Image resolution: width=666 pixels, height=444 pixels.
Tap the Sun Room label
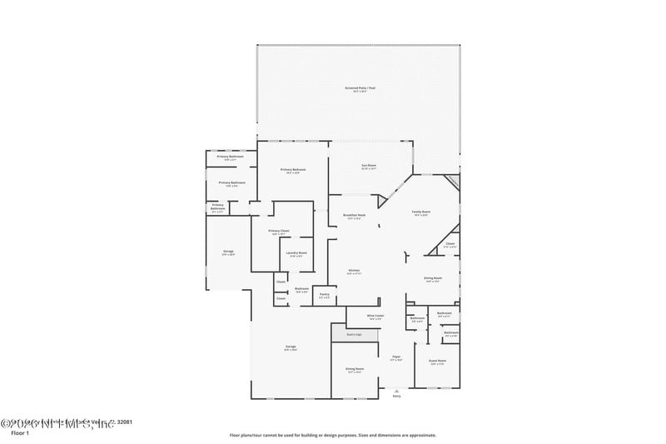[x=357, y=166]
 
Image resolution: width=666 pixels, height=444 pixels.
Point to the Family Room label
[x=421, y=212]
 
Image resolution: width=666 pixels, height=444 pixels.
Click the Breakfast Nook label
[x=355, y=215]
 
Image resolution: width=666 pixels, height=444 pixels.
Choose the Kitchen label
[x=353, y=271]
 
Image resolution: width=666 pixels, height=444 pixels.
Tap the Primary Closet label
[x=279, y=231]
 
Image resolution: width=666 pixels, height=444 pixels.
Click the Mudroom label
[x=301, y=289]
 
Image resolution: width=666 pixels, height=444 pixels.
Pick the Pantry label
[x=325, y=294]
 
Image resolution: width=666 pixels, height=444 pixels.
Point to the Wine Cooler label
[x=375, y=316]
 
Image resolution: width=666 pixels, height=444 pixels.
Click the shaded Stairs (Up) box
[x=354, y=334]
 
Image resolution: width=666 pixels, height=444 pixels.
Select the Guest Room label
[x=437, y=362]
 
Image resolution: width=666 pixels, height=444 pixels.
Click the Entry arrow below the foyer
[x=396, y=388]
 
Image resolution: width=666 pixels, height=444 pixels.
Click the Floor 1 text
[x=20, y=433]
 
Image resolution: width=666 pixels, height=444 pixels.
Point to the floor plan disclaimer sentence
[x=333, y=435]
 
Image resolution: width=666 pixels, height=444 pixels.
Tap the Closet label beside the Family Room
[x=450, y=244]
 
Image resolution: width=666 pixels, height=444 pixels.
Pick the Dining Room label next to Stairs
[x=355, y=369]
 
